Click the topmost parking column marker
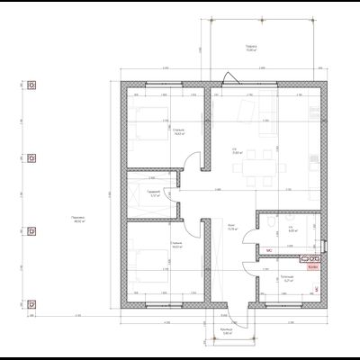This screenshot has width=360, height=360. [31, 87]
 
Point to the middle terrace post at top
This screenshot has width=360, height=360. [261, 19]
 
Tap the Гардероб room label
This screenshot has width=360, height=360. [155, 193]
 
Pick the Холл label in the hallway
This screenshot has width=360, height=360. [231, 228]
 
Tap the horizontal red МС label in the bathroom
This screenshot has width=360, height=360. [268, 251]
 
